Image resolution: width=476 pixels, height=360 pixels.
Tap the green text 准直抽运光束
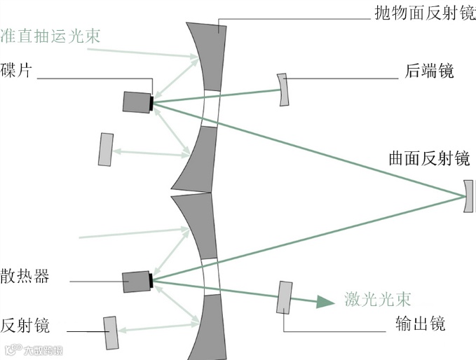coord(51,36)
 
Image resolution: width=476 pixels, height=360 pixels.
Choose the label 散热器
coord(25,276)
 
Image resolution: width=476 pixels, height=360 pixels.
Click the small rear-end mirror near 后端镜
coord(283,89)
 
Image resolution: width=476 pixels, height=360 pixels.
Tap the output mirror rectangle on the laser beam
coord(285,298)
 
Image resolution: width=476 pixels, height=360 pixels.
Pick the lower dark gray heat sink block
coord(136,282)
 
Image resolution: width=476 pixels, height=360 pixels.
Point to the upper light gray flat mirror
coord(106,149)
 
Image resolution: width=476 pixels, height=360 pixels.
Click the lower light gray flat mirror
coord(111,332)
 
